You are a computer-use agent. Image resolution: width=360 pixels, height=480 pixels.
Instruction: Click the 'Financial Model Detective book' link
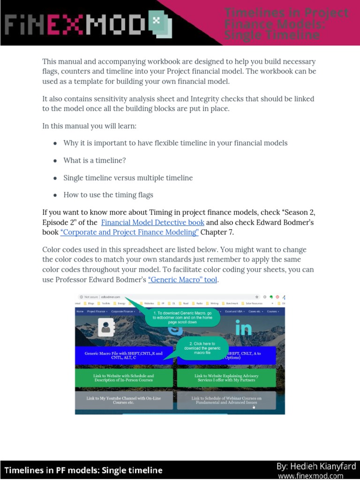tap(152, 222)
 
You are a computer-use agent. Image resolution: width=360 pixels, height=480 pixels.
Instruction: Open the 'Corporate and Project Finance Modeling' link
tap(129, 232)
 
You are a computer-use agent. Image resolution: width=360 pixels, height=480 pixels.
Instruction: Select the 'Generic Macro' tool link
tap(183, 280)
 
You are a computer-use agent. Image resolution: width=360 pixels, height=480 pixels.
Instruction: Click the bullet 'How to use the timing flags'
tap(108, 195)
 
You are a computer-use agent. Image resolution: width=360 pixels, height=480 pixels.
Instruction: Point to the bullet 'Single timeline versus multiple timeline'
tap(128, 178)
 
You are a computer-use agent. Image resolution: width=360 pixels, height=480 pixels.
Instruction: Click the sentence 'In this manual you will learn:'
tap(90, 126)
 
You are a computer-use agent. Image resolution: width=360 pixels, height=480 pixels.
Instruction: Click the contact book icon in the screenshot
tap(106, 328)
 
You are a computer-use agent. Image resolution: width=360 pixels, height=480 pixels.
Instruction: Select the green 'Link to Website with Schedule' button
tap(123, 378)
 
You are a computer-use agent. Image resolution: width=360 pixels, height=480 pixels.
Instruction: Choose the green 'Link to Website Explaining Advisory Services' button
tap(226, 378)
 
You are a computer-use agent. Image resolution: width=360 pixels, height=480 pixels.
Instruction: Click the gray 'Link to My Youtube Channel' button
tap(123, 400)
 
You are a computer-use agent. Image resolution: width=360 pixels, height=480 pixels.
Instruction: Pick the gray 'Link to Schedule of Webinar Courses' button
tap(226, 400)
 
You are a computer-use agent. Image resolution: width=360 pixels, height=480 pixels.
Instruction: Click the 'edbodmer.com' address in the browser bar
tap(111, 297)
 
